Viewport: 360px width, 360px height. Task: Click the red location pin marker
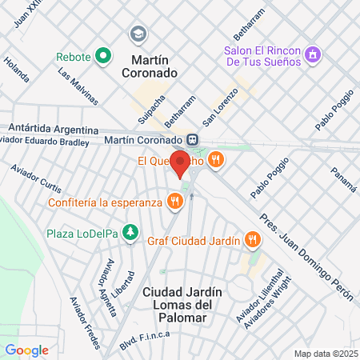click(x=180, y=162)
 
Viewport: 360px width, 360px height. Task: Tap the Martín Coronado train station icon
click(x=194, y=139)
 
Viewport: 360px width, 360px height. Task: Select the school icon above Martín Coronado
click(x=138, y=34)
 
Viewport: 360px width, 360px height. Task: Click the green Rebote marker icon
click(x=102, y=57)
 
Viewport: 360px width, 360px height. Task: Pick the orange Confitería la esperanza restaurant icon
click(x=174, y=202)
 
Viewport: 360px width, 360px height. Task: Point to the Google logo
click(x=26, y=350)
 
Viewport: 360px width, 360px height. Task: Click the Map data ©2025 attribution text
click(x=324, y=353)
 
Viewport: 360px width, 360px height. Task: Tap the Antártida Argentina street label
click(x=53, y=129)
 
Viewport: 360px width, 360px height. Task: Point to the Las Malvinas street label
click(x=78, y=86)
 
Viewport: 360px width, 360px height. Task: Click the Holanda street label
click(x=16, y=70)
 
